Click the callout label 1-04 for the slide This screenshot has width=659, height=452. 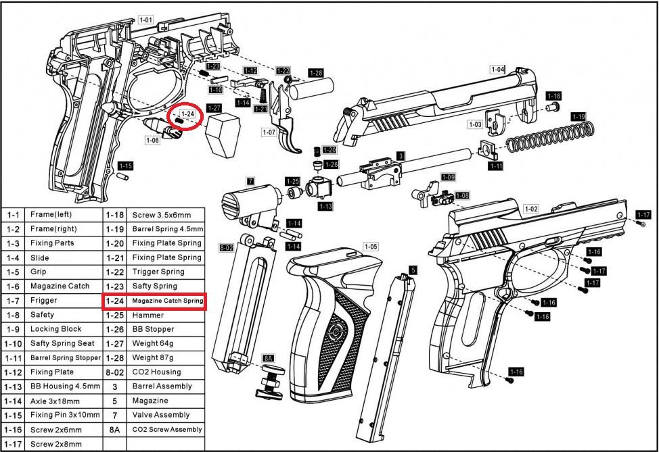pyautogui.click(x=497, y=69)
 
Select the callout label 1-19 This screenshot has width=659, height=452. pyautogui.click(x=578, y=117)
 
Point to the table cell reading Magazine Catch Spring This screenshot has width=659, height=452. pyautogui.click(x=167, y=301)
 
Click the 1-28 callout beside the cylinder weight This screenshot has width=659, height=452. pyautogui.click(x=315, y=73)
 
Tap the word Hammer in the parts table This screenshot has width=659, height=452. pyautogui.click(x=148, y=315)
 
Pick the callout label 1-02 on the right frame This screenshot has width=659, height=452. pyautogui.click(x=531, y=209)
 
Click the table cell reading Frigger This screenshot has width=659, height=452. pyautogui.click(x=43, y=301)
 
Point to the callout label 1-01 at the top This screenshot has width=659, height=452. pyautogui.click(x=145, y=20)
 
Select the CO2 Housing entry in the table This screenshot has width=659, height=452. pyautogui.click(x=156, y=372)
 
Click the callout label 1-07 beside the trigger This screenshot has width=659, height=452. pyautogui.click(x=269, y=132)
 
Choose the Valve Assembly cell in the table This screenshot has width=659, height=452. pyautogui.click(x=161, y=415)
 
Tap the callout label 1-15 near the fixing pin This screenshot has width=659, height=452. pyautogui.click(x=125, y=166)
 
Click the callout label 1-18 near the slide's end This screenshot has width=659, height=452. pyautogui.click(x=553, y=96)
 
